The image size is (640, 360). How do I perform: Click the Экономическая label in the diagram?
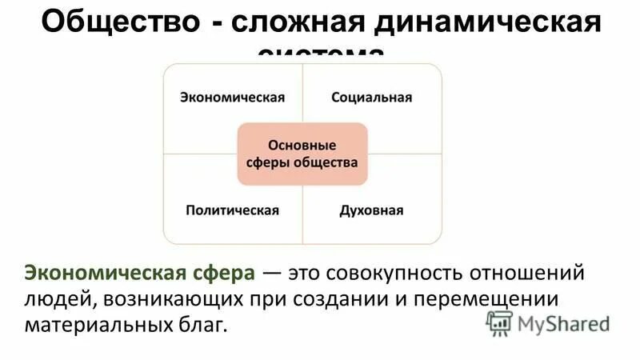tap(232, 98)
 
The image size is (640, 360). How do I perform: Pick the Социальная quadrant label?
tap(371, 98)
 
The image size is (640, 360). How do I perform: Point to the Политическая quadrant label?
tap(232, 210)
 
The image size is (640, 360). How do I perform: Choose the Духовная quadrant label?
tap(371, 210)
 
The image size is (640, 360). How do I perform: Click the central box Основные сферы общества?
tap(302, 154)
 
